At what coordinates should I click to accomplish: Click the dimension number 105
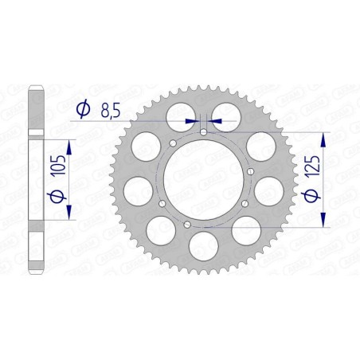coord(57,171)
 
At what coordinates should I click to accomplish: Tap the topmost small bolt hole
coord(203,131)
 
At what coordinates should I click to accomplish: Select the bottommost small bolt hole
coord(187,225)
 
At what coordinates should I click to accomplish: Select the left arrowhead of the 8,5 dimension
coord(192,120)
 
